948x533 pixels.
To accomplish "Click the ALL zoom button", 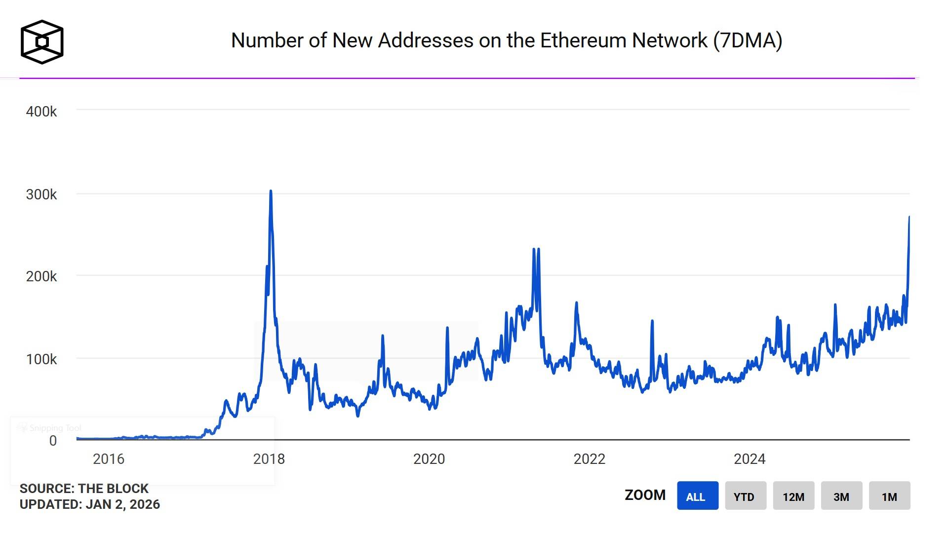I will click(x=697, y=496).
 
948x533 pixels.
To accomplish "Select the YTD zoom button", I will click(x=745, y=496).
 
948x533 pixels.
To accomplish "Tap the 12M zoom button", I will click(x=793, y=496).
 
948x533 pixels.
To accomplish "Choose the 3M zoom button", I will click(x=841, y=496).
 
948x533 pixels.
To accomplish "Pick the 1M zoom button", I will click(x=889, y=496).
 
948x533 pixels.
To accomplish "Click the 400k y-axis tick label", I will click(x=41, y=112).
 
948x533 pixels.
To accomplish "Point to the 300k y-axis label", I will click(x=41, y=194).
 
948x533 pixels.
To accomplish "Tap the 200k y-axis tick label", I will click(x=41, y=276).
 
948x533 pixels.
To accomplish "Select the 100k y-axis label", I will click(x=41, y=359).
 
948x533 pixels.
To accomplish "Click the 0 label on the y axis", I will click(x=53, y=441).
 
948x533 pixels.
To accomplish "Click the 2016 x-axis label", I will click(x=109, y=459).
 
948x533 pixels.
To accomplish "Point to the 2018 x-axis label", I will click(x=269, y=459).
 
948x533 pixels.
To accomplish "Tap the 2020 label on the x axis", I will click(x=429, y=459).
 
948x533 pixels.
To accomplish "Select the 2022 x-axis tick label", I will click(x=589, y=459).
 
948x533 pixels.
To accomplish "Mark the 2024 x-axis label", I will click(x=749, y=459).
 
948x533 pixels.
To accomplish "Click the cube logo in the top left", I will click(x=42, y=42).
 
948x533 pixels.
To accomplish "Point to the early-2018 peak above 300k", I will click(x=271, y=191).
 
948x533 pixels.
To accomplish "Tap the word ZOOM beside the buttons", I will click(x=645, y=495).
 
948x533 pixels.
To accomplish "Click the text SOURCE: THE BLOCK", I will click(x=84, y=489).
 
